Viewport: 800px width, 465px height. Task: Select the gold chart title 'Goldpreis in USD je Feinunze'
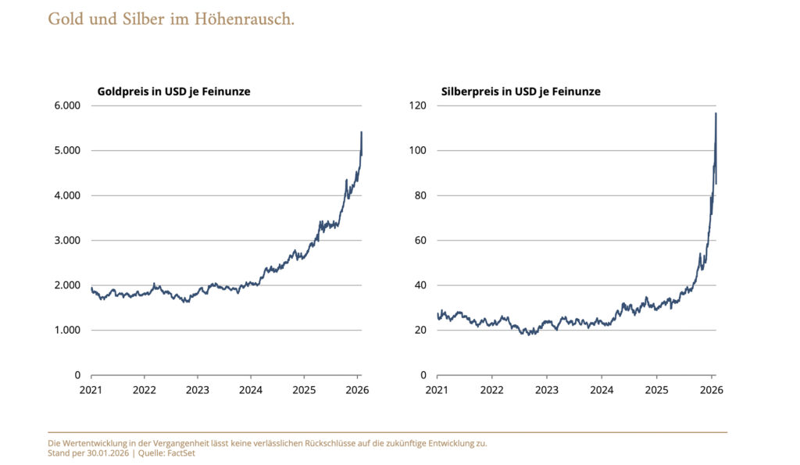point(173,91)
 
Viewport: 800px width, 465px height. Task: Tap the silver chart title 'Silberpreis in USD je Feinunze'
point(520,91)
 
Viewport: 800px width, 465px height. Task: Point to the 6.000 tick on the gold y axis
point(65,106)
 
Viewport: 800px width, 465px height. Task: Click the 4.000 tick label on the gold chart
point(65,195)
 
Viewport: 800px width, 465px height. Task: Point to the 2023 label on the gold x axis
point(197,389)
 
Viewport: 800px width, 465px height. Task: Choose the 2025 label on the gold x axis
point(304,389)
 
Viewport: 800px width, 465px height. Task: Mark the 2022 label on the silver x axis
point(491,389)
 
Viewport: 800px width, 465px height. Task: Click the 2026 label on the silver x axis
point(712,389)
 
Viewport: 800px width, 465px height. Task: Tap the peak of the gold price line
point(361,133)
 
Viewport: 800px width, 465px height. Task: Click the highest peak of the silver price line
point(716,114)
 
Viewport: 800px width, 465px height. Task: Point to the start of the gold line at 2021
point(91,288)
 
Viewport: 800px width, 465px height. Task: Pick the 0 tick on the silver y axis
point(423,375)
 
